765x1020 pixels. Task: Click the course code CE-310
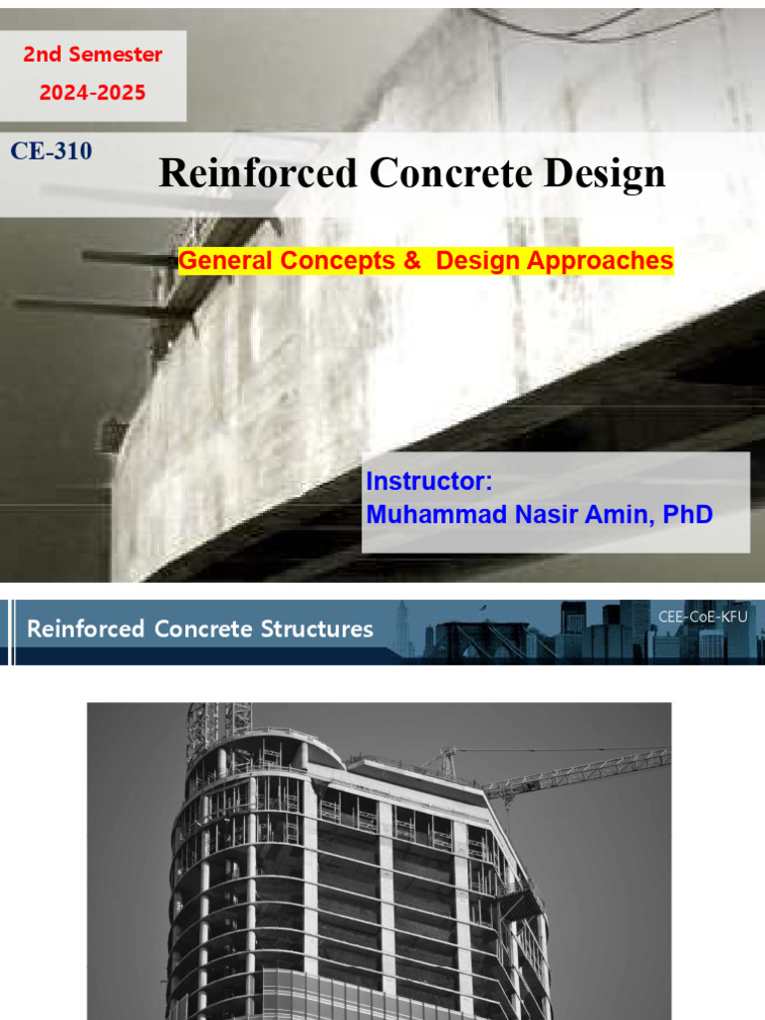pyautogui.click(x=51, y=151)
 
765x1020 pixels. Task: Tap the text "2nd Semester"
pyautogui.click(x=93, y=54)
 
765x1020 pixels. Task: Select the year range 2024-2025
pyautogui.click(x=93, y=93)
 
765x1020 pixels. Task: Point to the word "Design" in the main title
pyautogui.click(x=605, y=173)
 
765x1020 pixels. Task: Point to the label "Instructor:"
pyautogui.click(x=429, y=481)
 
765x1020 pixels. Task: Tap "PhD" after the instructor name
pyautogui.click(x=687, y=515)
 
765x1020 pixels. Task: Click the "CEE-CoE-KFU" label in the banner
pyautogui.click(x=702, y=617)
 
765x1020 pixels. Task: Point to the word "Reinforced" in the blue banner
pyautogui.click(x=86, y=629)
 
